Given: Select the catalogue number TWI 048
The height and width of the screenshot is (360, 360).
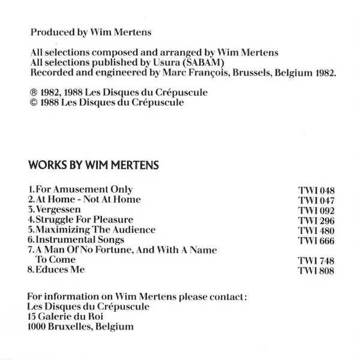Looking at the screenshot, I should [x=316, y=190].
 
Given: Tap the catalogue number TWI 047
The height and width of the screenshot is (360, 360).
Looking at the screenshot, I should [x=316, y=200].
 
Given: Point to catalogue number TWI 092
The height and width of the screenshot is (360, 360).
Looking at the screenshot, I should [x=316, y=211].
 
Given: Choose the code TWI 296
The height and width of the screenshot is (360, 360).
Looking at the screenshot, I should [x=316, y=221].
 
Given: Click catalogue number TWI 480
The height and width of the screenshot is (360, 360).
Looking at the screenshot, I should [x=316, y=231].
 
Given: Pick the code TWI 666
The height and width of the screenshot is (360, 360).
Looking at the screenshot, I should [x=316, y=241].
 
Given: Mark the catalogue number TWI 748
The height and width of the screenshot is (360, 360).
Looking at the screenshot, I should [x=316, y=262].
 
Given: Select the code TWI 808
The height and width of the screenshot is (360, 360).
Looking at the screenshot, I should [x=316, y=272].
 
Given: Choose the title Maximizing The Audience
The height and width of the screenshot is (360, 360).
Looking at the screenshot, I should [x=95, y=230].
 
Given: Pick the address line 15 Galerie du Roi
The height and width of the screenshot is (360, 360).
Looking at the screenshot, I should [x=66, y=317].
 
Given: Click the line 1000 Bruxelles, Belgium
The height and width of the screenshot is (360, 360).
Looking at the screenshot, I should [x=81, y=328].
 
